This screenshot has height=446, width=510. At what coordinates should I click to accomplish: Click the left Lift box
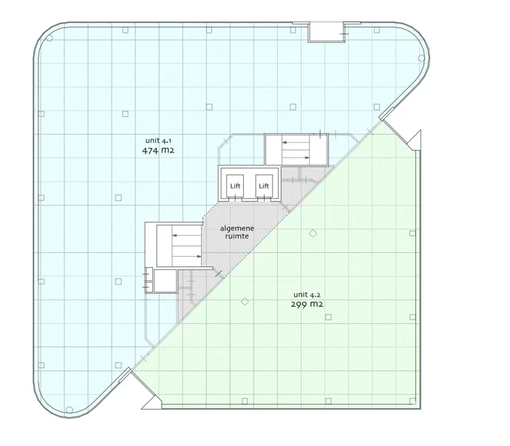236,186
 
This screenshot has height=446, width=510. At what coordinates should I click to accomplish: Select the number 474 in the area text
150,149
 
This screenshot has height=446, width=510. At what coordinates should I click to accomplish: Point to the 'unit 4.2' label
306,294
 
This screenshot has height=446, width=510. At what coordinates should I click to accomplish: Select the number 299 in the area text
299,304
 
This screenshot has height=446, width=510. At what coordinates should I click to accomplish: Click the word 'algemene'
239,229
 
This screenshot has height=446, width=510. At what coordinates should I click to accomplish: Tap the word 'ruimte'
239,238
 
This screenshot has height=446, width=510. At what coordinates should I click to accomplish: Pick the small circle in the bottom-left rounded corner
69,409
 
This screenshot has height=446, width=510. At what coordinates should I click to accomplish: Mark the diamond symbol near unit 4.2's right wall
412,233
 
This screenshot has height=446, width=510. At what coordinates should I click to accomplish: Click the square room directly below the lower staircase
166,280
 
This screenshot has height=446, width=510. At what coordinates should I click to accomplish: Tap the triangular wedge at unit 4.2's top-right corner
415,141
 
